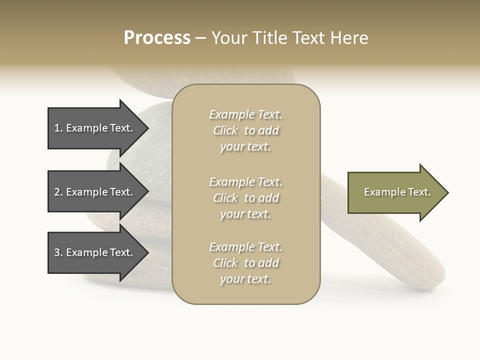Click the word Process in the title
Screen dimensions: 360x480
[x=157, y=38]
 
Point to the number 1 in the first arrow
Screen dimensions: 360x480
[x=57, y=128]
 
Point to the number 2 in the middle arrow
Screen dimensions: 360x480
[x=57, y=192]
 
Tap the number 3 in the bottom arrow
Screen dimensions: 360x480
[x=57, y=252]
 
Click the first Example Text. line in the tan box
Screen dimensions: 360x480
[x=245, y=114]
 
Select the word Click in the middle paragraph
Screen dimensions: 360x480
[x=225, y=198]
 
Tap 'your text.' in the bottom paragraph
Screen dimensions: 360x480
[x=245, y=279]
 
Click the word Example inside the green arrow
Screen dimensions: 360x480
[x=380, y=192]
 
